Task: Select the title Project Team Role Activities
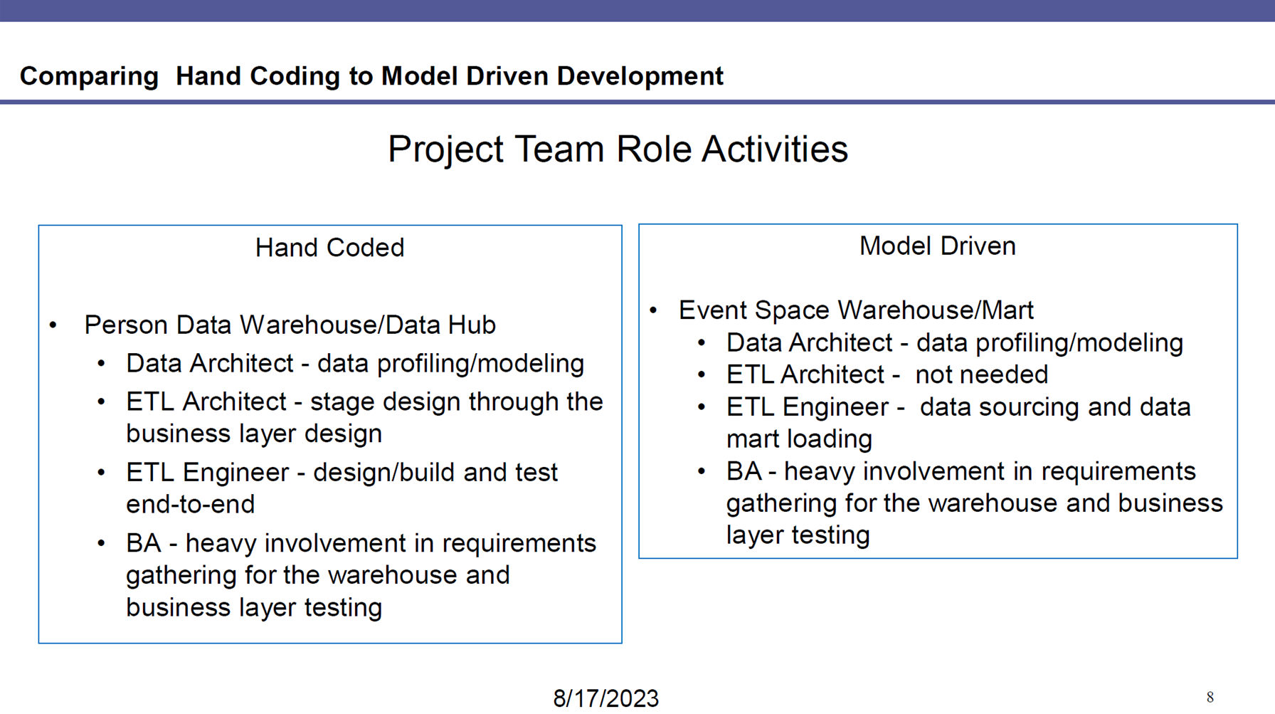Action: [618, 149]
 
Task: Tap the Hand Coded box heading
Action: [329, 248]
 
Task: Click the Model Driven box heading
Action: [937, 246]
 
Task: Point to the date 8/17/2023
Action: [606, 698]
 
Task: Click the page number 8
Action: [1210, 698]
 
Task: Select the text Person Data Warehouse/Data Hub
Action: [290, 325]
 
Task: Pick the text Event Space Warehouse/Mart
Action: [856, 310]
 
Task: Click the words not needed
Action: [982, 374]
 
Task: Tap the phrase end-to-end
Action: [190, 504]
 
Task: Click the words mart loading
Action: [799, 439]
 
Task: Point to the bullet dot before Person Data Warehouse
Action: [53, 326]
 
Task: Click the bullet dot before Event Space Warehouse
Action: [653, 310]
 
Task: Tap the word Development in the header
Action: [640, 76]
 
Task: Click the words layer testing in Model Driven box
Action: [798, 535]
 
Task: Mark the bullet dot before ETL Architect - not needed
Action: [702, 375]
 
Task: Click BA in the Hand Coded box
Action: [144, 543]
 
